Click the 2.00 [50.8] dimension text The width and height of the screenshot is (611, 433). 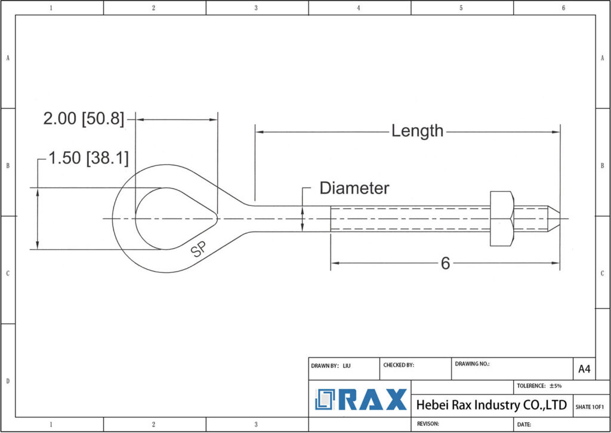tap(84, 119)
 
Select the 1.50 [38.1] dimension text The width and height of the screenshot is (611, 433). tap(88, 158)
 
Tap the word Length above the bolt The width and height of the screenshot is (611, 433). tap(417, 131)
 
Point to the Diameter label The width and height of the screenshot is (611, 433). tap(354, 188)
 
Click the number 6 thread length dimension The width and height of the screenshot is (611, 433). tap(445, 263)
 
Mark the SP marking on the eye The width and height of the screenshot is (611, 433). tap(198, 250)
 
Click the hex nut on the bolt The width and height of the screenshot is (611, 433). tap(501, 219)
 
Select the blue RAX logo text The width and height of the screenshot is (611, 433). tap(373, 400)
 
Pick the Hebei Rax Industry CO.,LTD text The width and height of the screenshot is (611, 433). tap(491, 405)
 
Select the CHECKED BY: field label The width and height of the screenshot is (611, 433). tap(398, 365)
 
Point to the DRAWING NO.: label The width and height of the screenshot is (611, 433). tap(472, 363)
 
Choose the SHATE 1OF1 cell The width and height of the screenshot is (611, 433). tap(590, 407)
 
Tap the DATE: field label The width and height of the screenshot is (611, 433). tap(524, 425)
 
